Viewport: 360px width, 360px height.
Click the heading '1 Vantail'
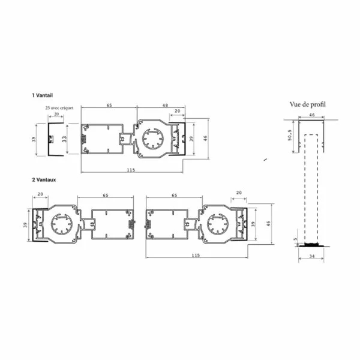[x=43, y=95]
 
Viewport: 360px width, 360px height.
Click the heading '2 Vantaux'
[x=44, y=179]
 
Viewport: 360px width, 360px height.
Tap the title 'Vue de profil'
[x=308, y=104]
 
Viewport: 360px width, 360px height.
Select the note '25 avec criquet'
[x=59, y=107]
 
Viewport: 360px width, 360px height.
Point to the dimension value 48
[x=165, y=105]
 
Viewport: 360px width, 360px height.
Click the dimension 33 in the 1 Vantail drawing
[x=64, y=139]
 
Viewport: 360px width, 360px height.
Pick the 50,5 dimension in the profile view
[x=290, y=135]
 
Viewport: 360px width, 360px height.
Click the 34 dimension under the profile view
[x=312, y=256]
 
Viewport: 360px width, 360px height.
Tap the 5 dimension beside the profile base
[x=295, y=239]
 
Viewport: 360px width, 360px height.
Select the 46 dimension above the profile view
[x=312, y=115]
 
